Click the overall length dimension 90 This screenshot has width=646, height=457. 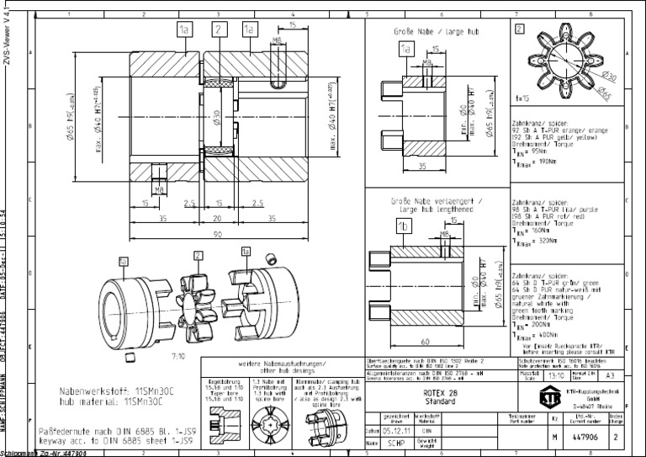point(216,233)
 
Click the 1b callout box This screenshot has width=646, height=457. point(405,227)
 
